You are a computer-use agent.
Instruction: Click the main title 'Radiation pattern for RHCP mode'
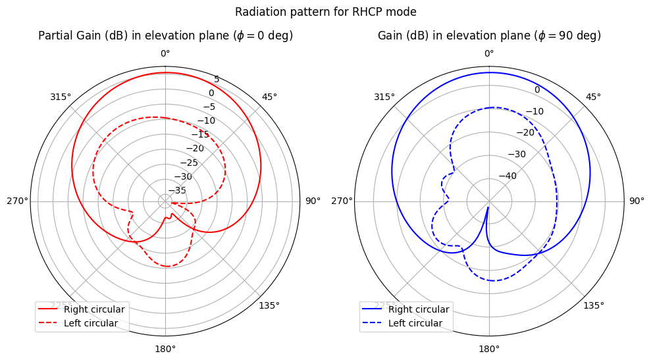click(325, 12)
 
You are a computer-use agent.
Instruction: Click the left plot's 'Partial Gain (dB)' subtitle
click(165, 36)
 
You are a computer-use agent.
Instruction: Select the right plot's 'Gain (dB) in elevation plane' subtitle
click(489, 36)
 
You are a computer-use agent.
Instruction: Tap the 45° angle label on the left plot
click(269, 97)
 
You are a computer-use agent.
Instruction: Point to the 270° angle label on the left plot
click(18, 201)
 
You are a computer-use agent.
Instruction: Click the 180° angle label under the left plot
click(165, 349)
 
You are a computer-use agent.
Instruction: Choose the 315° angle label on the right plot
click(384, 97)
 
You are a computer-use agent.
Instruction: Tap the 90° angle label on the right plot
click(637, 201)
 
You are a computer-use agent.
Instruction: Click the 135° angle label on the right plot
click(594, 305)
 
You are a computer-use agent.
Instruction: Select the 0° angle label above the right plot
click(489, 53)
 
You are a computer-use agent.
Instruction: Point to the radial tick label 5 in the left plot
click(217, 80)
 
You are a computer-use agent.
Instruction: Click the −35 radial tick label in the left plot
click(177, 191)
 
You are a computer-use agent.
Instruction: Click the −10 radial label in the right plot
click(534, 111)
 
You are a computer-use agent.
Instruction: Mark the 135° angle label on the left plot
click(269, 305)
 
